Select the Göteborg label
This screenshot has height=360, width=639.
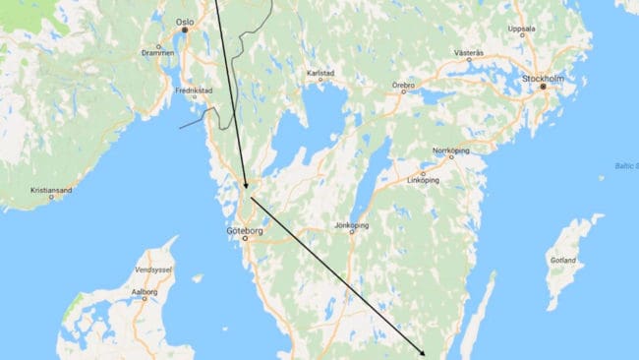244,231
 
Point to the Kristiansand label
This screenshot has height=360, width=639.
48,188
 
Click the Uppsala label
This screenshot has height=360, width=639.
521,29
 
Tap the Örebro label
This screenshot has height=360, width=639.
403,86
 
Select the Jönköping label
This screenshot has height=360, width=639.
351,225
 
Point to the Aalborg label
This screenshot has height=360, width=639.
145,292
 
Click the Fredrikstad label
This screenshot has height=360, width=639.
194,90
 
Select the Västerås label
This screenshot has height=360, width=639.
469,51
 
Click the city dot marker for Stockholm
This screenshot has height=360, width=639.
542,87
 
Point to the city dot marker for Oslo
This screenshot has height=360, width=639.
183,30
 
